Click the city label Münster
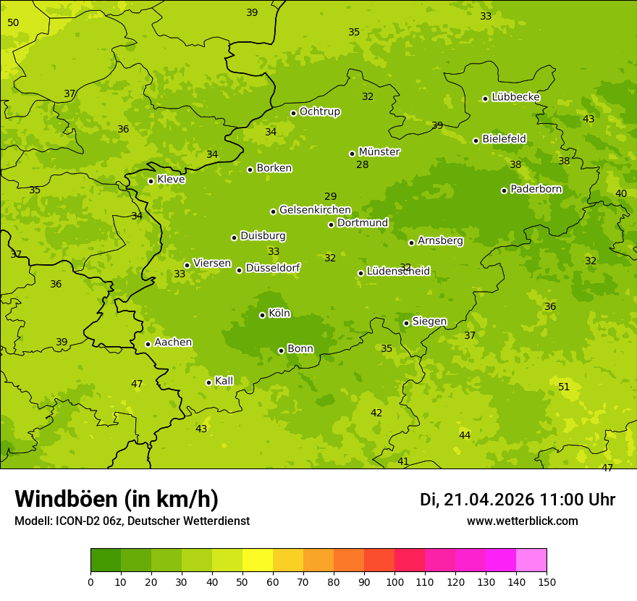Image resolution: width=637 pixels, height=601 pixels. point(379,152)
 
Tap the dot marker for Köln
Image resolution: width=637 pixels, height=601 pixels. point(263,315)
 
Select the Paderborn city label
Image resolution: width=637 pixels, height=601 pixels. point(536,189)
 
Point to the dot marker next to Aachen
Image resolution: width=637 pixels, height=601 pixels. point(148,344)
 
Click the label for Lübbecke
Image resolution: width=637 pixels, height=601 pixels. point(515,97)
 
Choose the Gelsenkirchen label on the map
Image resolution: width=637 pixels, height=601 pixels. point(315,210)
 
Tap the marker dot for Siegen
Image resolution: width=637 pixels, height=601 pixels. point(407,323)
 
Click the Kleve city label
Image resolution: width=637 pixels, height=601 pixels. point(171,179)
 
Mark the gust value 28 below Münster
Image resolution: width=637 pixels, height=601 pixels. point(363,165)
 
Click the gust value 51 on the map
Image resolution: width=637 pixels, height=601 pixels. point(564,387)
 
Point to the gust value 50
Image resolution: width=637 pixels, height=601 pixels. point(13,23)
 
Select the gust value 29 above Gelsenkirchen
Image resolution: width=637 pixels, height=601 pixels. point(331,197)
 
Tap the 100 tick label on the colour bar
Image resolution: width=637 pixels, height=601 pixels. point(395,581)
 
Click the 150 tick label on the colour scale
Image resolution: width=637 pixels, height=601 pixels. point(547,581)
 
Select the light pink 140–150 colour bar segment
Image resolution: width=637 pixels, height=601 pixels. point(531,560)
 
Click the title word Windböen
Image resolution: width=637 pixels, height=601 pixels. point(65,499)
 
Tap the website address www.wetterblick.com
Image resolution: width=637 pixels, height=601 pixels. point(522,521)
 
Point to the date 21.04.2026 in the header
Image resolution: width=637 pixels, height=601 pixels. point(489,500)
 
